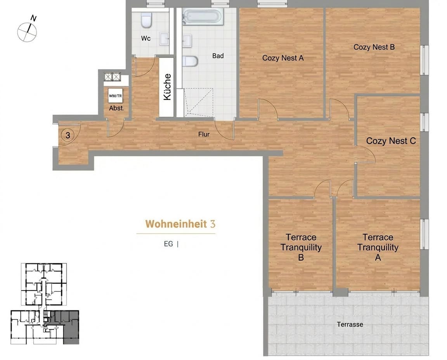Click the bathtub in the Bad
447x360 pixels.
[x=203, y=17]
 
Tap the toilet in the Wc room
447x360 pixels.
[x=147, y=20]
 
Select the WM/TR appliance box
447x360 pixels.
[x=116, y=96]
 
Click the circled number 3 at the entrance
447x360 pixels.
[x=68, y=135]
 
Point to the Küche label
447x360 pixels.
[x=167, y=87]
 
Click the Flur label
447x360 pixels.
[x=204, y=134]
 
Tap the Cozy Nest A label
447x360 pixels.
[x=283, y=58]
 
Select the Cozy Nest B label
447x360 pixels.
[x=374, y=47]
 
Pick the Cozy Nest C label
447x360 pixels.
[x=391, y=141]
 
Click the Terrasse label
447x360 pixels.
[x=350, y=324]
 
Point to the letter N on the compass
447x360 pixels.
[x=33, y=19]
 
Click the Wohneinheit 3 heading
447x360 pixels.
[x=180, y=224]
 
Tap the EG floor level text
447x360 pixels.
[x=168, y=244]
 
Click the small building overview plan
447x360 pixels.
[x=45, y=304]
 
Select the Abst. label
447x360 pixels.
[x=116, y=108]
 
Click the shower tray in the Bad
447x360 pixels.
[x=198, y=102]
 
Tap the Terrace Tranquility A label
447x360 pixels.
[x=378, y=247]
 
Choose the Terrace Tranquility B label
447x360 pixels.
[x=301, y=247]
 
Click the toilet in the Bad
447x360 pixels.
[x=190, y=61]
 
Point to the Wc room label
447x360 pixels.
[x=146, y=38]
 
